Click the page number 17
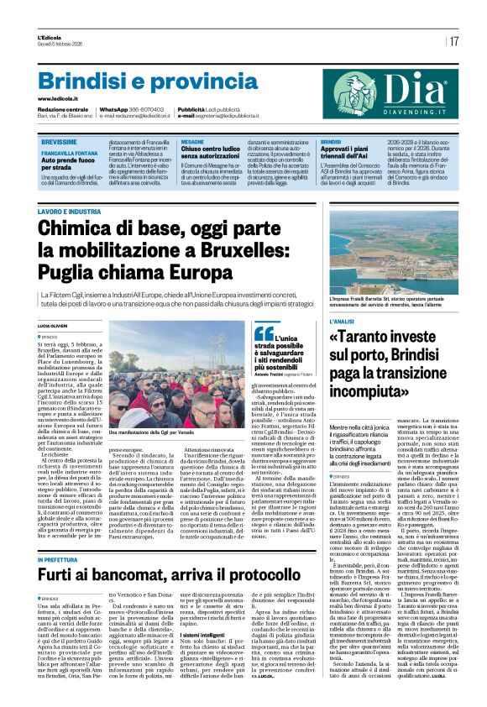(x=454, y=40)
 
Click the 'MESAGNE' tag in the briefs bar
(x=192, y=143)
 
